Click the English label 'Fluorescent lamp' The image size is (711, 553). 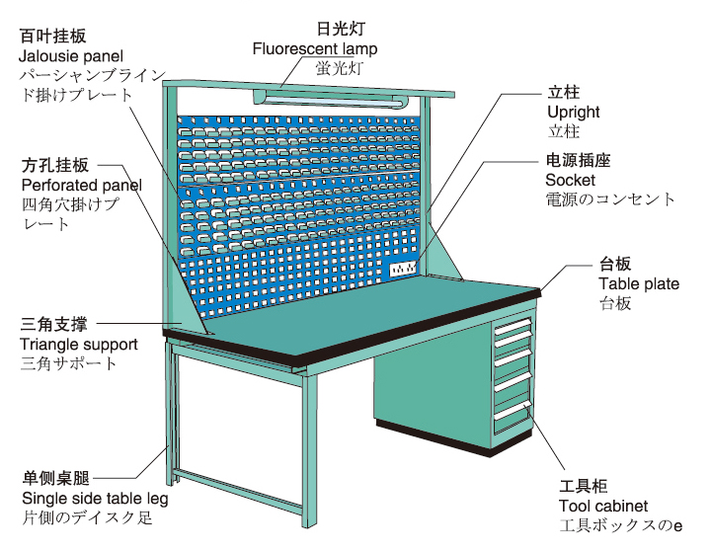pyautogui.click(x=314, y=47)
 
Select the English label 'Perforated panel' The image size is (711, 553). pyautogui.click(x=80, y=185)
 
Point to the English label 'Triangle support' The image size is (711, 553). pyautogui.click(x=78, y=345)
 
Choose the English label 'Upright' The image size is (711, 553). pyautogui.click(x=573, y=113)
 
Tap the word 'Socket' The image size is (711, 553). pyautogui.click(x=570, y=181)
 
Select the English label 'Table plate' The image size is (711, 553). pyautogui.click(x=638, y=284)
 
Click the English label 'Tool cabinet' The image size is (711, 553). pyautogui.click(x=602, y=507)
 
